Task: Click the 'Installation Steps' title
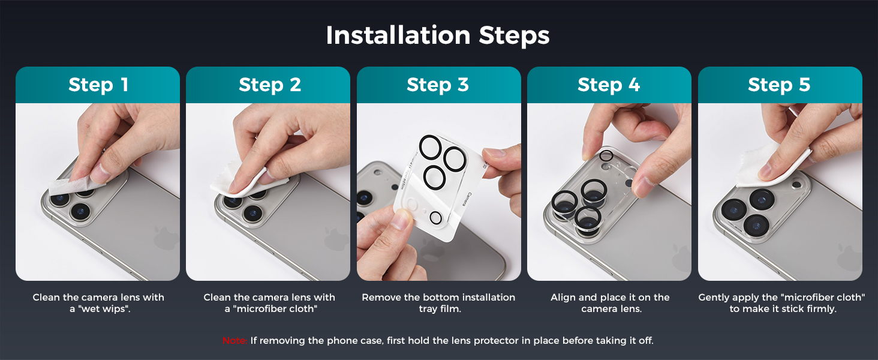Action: pos(437,35)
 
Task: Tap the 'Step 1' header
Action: pos(98,85)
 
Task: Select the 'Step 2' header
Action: pos(270,85)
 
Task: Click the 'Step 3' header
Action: pos(437,85)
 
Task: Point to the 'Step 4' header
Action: pos(609,85)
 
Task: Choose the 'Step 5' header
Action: pos(779,85)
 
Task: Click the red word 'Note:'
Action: pos(234,340)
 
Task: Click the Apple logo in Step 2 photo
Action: pos(335,238)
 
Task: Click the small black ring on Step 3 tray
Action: pos(435,218)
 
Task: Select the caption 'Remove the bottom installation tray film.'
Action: pos(438,303)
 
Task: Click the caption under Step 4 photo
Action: pos(611,303)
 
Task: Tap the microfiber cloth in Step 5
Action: pos(768,167)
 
